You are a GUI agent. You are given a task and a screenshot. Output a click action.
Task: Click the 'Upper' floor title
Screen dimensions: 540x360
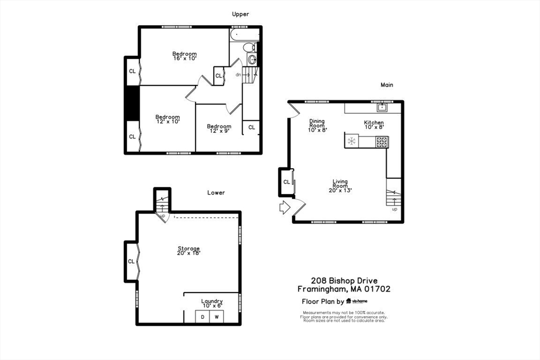240,14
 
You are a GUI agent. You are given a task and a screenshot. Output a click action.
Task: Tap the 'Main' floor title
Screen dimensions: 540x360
387,85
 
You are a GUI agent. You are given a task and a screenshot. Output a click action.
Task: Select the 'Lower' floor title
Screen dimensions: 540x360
216,193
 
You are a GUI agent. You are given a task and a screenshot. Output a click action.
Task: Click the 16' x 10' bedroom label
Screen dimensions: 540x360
185,56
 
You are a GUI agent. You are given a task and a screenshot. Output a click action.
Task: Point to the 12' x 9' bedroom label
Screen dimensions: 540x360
219,129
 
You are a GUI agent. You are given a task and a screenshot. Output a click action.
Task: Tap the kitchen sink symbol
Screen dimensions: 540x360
382,108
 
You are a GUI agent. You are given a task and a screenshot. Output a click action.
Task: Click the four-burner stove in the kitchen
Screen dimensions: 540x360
382,142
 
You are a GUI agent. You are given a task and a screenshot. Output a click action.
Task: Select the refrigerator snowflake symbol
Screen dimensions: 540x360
351,141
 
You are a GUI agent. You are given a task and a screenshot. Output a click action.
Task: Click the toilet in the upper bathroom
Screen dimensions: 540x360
249,47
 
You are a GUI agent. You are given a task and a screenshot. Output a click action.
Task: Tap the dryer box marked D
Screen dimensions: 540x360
202,317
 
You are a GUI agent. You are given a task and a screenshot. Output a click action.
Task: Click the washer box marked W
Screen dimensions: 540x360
217,317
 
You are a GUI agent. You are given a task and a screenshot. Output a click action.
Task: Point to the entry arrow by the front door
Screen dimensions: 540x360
284,208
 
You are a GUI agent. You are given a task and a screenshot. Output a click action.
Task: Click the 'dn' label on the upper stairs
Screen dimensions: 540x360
238,75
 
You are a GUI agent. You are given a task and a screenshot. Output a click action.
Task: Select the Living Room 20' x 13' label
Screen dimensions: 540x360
340,186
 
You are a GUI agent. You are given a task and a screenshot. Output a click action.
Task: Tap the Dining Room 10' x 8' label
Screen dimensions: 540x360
317,125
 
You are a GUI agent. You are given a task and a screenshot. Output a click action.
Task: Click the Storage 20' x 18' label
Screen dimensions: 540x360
189,250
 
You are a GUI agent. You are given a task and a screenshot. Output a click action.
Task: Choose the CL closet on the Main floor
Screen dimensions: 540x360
286,182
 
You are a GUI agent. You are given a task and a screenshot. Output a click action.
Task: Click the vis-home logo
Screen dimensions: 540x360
357,301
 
